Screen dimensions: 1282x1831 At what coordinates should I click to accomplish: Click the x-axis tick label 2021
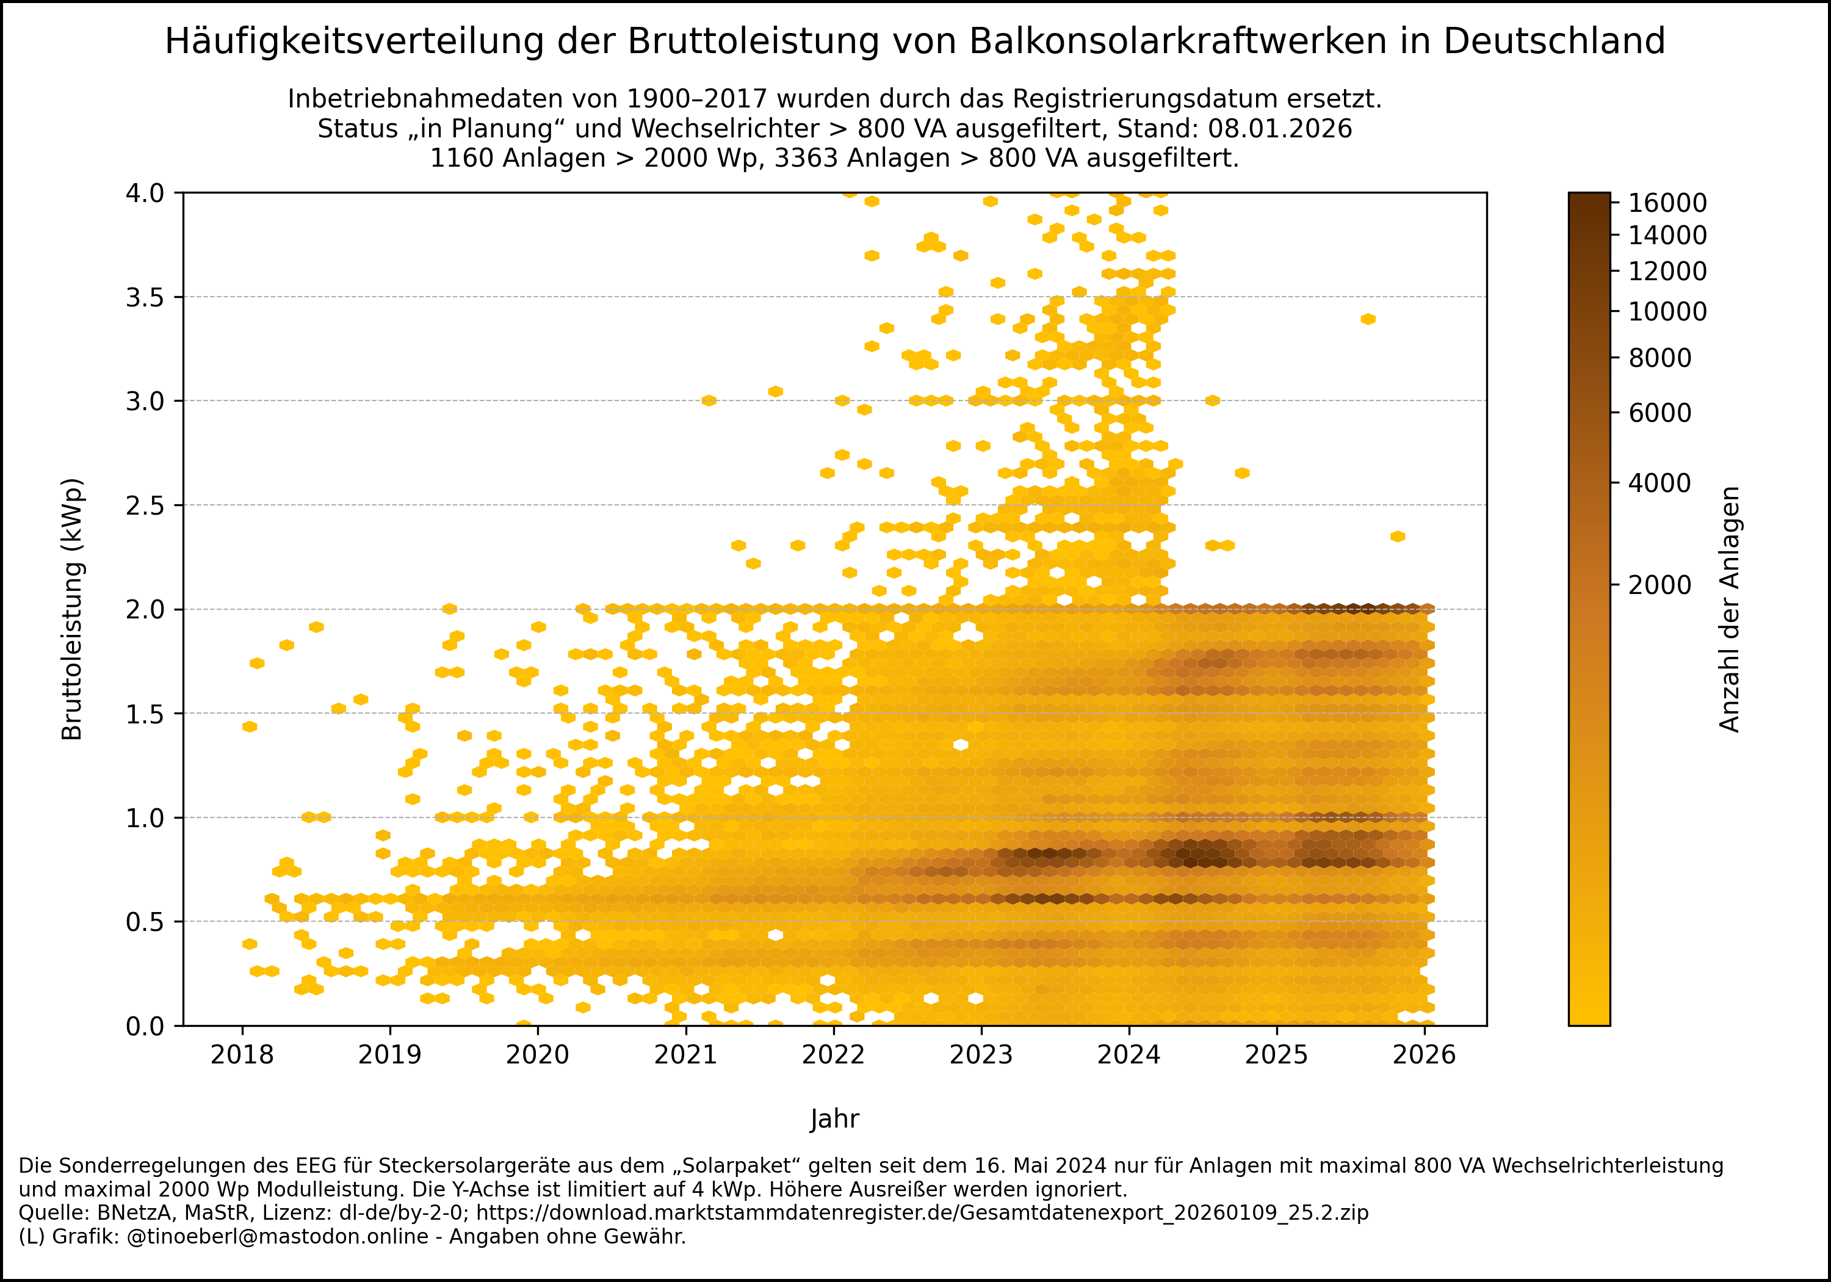tap(685, 1055)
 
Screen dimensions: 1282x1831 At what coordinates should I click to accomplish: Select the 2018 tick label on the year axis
tap(242, 1055)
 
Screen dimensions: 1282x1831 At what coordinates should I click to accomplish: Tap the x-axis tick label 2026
tap(1425, 1055)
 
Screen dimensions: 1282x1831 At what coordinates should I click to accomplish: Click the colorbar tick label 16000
tap(1667, 203)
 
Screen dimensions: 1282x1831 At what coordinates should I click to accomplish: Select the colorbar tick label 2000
tap(1659, 585)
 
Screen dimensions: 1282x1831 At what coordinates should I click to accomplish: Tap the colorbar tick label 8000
tap(1659, 358)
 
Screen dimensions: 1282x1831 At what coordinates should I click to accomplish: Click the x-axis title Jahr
tap(834, 1118)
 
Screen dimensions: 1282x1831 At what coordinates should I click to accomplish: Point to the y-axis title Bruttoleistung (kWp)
tap(73, 609)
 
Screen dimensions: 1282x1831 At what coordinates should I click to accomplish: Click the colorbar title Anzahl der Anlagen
tap(1729, 609)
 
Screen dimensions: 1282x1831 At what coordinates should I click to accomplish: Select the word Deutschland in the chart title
tap(1553, 42)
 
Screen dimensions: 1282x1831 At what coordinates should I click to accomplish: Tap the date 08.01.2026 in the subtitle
tap(1280, 128)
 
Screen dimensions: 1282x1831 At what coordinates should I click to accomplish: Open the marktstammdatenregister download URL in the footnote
tap(922, 1212)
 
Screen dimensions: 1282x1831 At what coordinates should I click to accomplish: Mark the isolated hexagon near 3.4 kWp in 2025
tap(1368, 319)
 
